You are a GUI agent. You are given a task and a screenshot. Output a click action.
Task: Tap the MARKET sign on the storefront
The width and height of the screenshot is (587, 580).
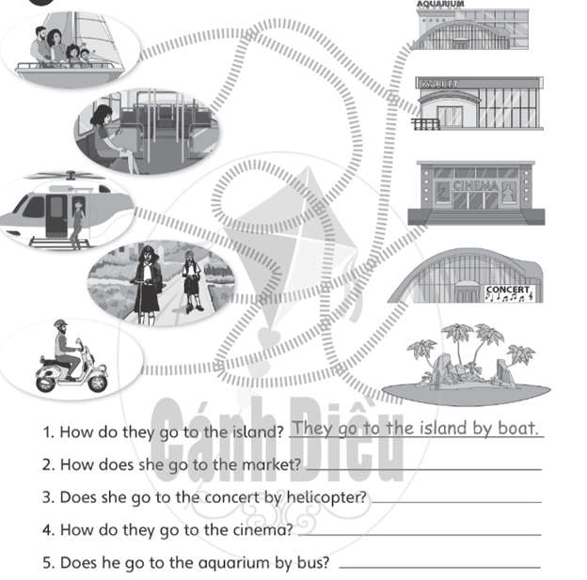pyautogui.click(x=439, y=85)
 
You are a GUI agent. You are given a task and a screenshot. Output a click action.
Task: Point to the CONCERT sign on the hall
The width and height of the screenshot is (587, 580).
pyautogui.click(x=508, y=292)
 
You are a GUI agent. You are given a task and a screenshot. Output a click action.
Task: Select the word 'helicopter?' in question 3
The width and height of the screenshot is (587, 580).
pyautogui.click(x=325, y=497)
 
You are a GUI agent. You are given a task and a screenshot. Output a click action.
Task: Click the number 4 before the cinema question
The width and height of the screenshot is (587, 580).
pyautogui.click(x=47, y=530)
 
